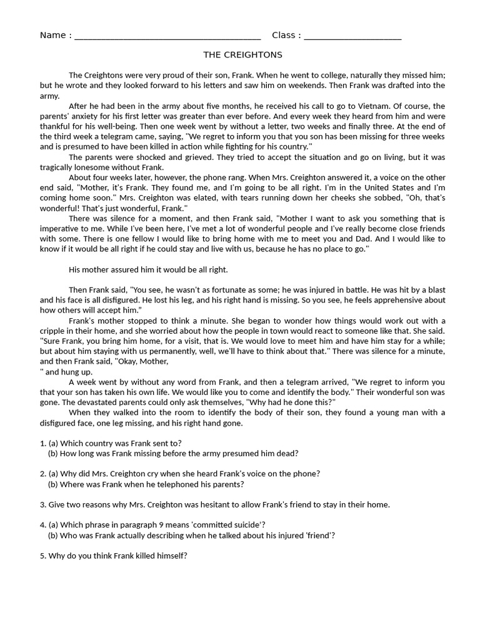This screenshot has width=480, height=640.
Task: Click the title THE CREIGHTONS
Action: tap(243, 55)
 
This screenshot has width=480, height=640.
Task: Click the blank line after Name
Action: tap(167, 36)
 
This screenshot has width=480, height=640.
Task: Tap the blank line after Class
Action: tap(352, 36)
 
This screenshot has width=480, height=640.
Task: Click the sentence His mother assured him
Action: tap(148, 269)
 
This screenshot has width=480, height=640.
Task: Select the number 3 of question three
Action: tap(42, 504)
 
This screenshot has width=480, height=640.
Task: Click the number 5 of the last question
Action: tap(42, 556)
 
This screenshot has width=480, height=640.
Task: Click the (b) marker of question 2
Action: tap(52, 484)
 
